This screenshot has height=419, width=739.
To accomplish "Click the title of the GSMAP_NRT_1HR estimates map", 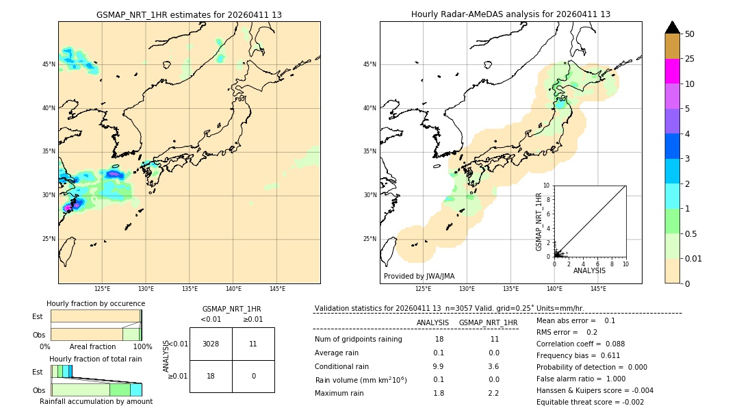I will pos(189,14).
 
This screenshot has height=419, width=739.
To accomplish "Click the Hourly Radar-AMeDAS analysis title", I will pos(510,14).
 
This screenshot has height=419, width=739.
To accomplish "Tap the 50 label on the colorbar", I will pos(690,34).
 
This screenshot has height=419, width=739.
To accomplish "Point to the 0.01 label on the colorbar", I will pos(694,258).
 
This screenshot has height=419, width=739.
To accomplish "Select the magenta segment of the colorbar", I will pos(672,71).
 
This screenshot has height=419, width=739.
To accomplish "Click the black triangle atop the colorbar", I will pos(672,27).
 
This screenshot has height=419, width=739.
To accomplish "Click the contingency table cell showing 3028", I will pos(211,344).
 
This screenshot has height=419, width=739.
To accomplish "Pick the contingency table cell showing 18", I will pos(211,376).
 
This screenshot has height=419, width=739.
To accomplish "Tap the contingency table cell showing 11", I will pos(253,344).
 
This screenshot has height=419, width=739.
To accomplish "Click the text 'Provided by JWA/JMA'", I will pos(419,276).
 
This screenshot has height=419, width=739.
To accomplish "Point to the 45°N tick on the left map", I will pos(49,64).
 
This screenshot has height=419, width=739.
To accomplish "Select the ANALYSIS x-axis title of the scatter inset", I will pos(589,270).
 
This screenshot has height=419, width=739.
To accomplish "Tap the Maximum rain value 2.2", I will pos(493,393).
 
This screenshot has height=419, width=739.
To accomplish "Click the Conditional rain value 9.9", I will pos(439,366).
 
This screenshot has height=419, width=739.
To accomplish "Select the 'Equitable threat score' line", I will pos(590,402).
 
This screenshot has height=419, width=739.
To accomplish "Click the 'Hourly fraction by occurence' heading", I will pos(96,303).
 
